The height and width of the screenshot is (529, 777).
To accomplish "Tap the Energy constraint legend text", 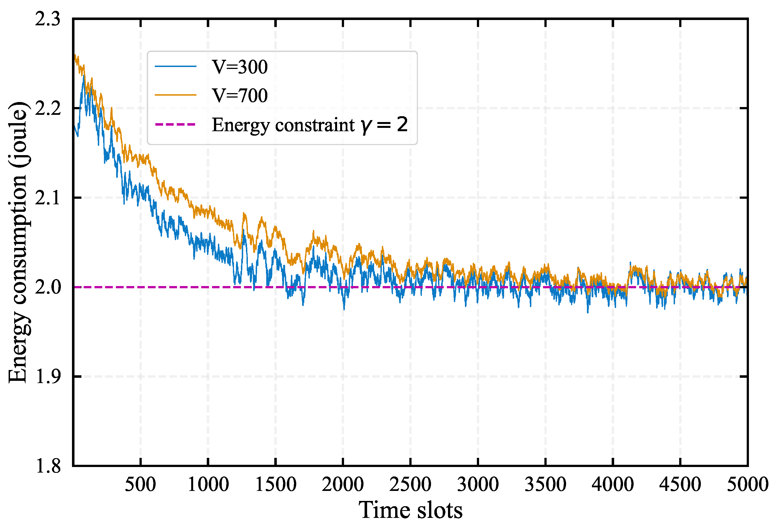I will point(310,125).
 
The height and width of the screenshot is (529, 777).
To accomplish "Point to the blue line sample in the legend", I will point(176,66).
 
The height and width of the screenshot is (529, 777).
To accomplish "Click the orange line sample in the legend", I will point(176,95).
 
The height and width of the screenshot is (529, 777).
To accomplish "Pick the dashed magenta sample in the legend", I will point(176,124).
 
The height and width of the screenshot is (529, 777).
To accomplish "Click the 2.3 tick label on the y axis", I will point(48,19).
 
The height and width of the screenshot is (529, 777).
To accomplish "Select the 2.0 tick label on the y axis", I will point(48,287).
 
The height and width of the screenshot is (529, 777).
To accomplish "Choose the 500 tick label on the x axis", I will point(140,485).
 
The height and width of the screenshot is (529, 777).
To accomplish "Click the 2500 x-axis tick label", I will point(410,485).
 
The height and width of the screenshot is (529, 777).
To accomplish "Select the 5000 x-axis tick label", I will point(747,485).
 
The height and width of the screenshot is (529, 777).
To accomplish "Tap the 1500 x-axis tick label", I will point(275,485).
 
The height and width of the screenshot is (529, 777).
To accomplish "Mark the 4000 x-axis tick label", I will point(612,485).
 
